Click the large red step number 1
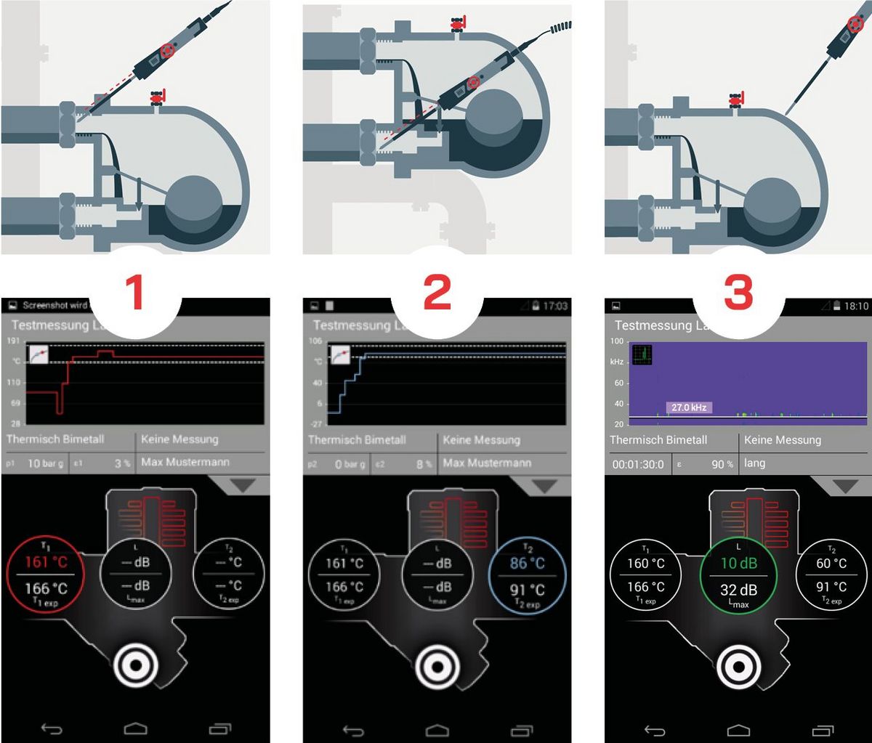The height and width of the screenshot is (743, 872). tap(136, 292)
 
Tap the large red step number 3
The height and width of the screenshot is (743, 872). tap(738, 292)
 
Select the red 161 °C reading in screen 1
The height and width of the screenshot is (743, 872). tap(46, 562)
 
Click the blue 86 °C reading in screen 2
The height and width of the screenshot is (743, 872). tap(528, 564)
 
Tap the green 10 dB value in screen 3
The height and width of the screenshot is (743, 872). tap(738, 564)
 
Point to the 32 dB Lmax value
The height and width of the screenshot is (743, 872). tap(738, 590)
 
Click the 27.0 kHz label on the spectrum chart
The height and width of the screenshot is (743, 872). tap(689, 407)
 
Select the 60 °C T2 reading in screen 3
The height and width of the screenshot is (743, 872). tap(831, 564)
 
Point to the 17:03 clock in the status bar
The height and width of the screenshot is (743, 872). tap(555, 306)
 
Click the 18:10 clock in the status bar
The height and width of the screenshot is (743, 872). tap(856, 306)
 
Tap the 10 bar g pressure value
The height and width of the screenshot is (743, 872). tap(44, 463)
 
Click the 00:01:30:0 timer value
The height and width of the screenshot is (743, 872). tap(638, 463)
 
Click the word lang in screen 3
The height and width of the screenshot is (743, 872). tap(754, 463)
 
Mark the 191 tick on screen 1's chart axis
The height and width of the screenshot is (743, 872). tap(14, 340)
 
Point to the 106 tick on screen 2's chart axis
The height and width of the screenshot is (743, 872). tap(315, 340)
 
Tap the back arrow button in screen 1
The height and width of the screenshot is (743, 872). tap(52, 728)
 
